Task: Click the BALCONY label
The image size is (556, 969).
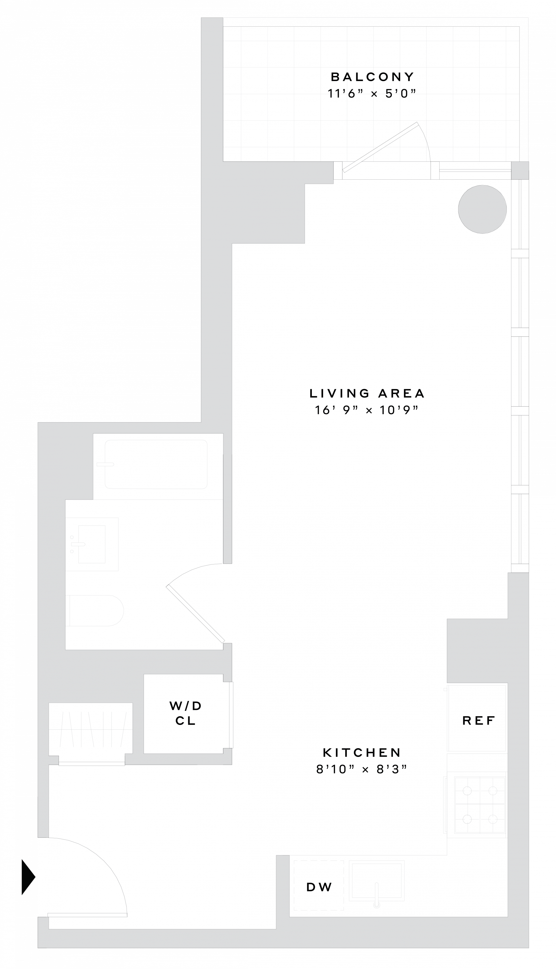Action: pyautogui.click(x=372, y=77)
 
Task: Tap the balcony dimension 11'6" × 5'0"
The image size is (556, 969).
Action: pyautogui.click(x=371, y=94)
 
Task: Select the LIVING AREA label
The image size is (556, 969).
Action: pyautogui.click(x=367, y=393)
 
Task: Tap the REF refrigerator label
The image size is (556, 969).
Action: pyautogui.click(x=478, y=721)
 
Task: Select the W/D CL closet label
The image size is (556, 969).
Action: pyautogui.click(x=186, y=713)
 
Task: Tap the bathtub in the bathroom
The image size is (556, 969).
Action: pyautogui.click(x=156, y=464)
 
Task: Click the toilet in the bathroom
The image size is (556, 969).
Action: pyautogui.click(x=96, y=611)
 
